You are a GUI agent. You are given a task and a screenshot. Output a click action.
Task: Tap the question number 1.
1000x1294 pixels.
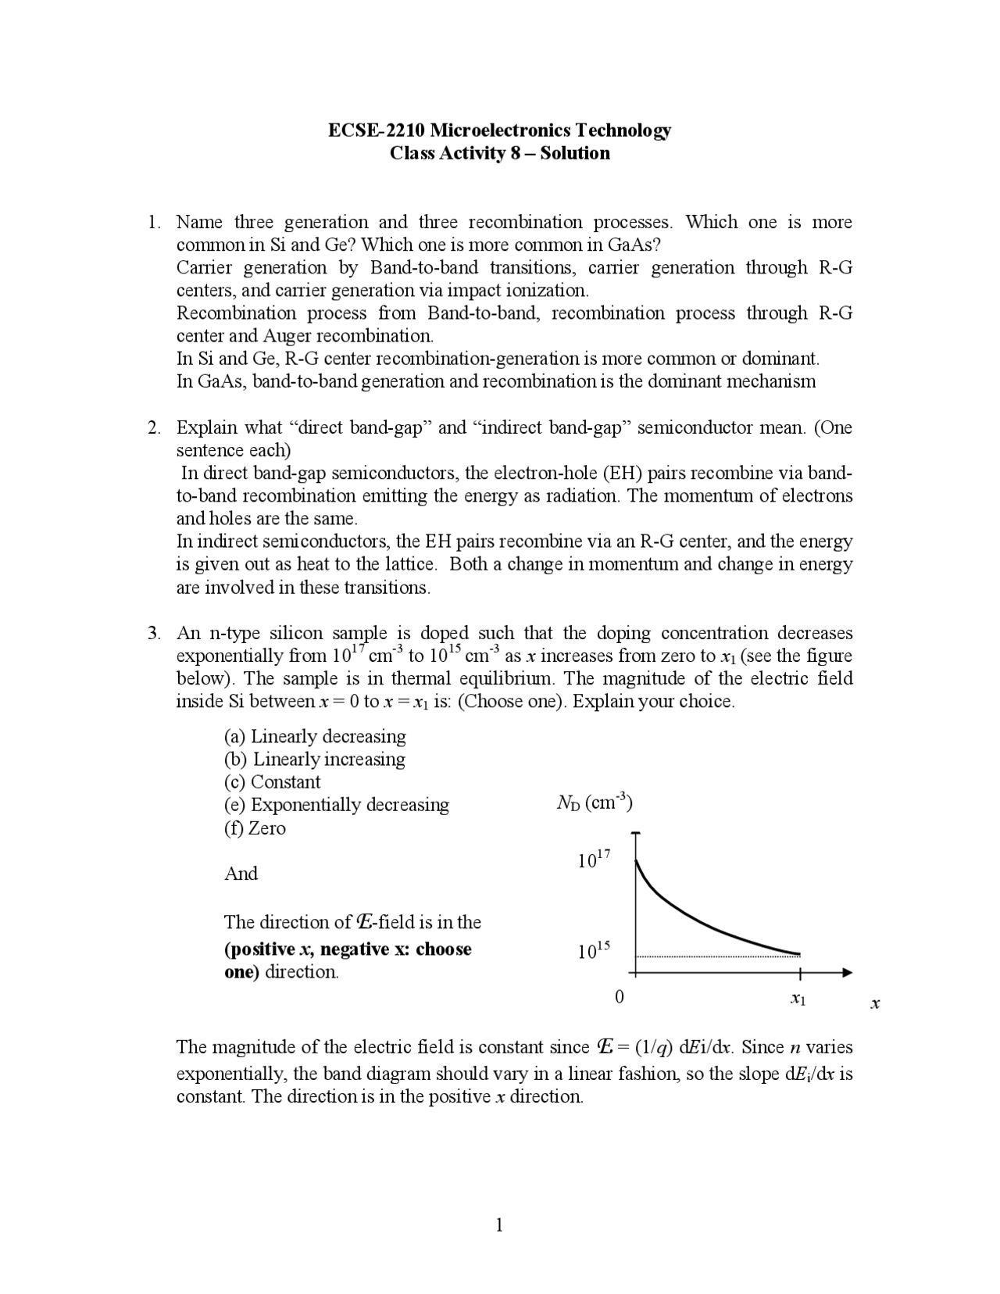pos(154,223)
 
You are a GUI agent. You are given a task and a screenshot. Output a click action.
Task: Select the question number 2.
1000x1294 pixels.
pos(154,428)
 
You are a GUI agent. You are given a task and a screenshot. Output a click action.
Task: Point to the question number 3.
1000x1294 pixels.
pos(154,634)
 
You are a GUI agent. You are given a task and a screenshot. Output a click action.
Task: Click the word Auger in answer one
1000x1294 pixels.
pos(287,337)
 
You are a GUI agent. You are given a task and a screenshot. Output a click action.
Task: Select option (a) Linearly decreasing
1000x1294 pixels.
pos(315,737)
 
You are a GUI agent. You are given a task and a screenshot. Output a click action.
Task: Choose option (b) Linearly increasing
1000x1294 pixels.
pos(315,760)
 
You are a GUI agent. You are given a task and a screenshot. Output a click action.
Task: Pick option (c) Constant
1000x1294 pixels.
pos(272,782)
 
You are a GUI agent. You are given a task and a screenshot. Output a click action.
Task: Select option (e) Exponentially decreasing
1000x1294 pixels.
pos(337,805)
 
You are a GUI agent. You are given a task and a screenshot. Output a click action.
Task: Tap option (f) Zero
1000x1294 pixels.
pos(255,828)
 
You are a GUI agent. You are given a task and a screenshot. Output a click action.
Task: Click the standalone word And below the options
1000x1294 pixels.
pos(241,874)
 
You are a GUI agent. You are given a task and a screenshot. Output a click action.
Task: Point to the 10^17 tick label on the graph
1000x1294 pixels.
pos(594,860)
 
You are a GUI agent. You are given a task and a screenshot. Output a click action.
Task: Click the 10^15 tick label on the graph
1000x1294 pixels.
pos(594,951)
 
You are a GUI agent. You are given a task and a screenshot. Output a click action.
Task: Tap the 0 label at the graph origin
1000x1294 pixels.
pos(620,997)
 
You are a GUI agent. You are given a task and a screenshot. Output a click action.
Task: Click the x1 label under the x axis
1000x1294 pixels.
pos(798,999)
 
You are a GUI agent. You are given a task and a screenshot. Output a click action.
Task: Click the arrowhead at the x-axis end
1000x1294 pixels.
pos(847,973)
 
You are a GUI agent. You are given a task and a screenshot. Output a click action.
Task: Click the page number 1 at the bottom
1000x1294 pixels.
pos(500,1225)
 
